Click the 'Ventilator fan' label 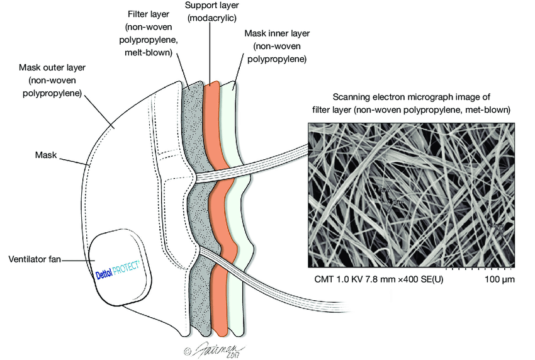point(35,259)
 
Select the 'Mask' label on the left point(46,154)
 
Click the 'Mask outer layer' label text point(52,67)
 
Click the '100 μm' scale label point(499,278)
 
